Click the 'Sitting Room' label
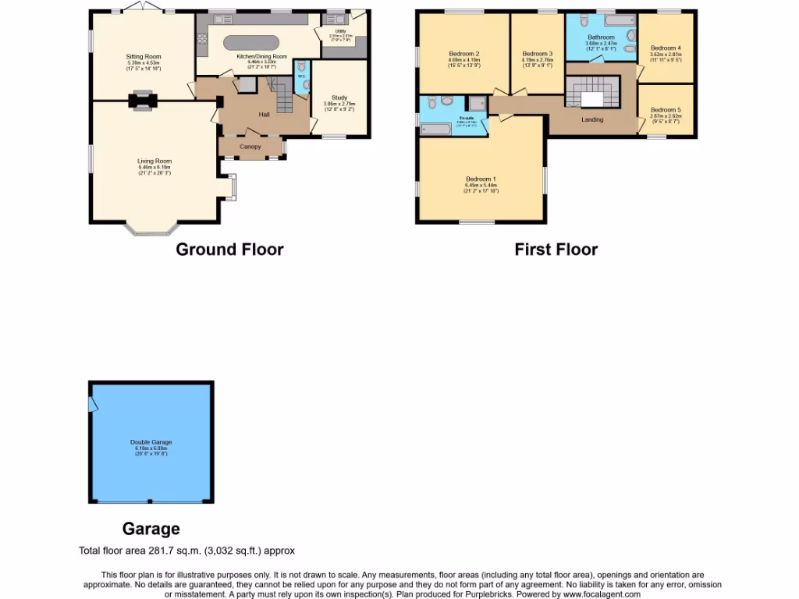coord(144,57)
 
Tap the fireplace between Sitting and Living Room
coord(142,100)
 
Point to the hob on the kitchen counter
coord(202,36)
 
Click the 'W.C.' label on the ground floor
coord(301,76)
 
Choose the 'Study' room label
coord(339,97)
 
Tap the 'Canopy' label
coord(250,147)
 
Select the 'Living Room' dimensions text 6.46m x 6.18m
coord(154,167)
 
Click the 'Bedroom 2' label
coord(463,53)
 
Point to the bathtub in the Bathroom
coord(620,21)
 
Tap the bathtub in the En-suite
coord(435,129)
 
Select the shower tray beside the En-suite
coord(477,102)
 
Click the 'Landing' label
coord(592,119)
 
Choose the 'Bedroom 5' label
coord(665,110)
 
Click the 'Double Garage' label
coord(151,442)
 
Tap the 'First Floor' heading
coord(556,250)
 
